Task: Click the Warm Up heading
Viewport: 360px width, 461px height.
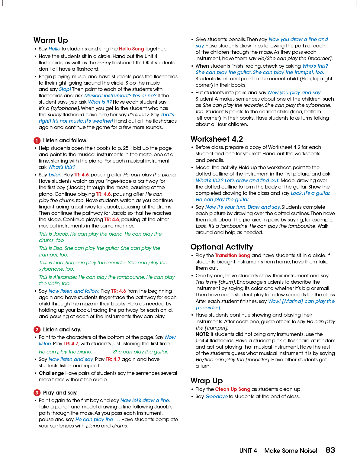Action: click(51, 40)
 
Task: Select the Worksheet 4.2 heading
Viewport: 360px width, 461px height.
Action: click(217, 139)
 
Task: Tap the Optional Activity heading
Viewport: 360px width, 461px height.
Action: click(222, 247)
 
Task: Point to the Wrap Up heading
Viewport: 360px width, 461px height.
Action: click(207, 381)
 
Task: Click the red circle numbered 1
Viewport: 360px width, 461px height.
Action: click(37, 141)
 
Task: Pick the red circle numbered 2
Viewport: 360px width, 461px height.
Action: click(37, 330)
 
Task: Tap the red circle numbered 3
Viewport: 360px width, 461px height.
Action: click(37, 393)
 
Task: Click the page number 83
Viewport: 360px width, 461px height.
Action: click(330, 450)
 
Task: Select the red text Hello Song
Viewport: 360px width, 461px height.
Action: click(131, 49)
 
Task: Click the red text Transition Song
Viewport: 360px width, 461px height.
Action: click(232, 256)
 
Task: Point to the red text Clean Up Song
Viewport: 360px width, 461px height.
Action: click(233, 389)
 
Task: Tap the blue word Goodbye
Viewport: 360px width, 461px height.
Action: click(216, 397)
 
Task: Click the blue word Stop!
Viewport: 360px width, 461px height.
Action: click(65, 89)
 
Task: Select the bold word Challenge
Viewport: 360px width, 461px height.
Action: click(51, 373)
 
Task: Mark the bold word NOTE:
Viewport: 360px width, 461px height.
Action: click(202, 334)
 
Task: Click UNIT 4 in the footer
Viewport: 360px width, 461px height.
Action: click(248, 451)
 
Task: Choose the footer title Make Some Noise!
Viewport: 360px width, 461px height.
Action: click(291, 451)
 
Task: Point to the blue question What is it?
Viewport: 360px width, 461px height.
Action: click(100, 102)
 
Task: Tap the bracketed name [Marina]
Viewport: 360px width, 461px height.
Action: click(292, 301)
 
